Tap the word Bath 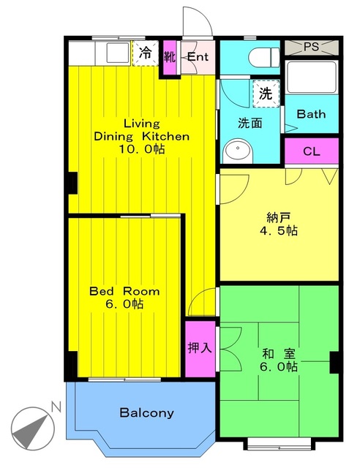tap(311, 115)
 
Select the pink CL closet tap(311, 151)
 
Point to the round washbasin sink tap(237, 151)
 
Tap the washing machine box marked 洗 tap(265, 94)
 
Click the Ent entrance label tap(197, 58)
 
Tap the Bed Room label tap(124, 291)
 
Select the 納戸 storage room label tap(279, 216)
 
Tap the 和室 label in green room tap(280, 353)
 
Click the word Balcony tap(146, 413)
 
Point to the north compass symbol tap(34, 426)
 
